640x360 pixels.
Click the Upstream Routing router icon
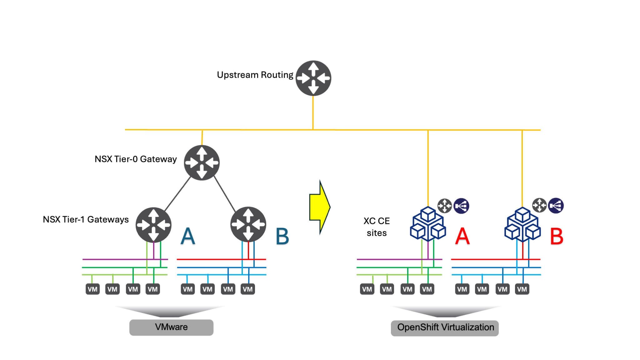(x=313, y=78)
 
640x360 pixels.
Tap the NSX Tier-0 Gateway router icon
(x=202, y=162)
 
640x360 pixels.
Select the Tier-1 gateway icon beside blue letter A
(x=153, y=225)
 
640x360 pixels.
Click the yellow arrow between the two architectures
(x=320, y=207)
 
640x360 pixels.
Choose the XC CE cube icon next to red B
(x=522, y=224)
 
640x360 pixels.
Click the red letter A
(x=462, y=237)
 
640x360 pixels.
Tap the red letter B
(x=557, y=237)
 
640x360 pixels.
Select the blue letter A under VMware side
(x=188, y=236)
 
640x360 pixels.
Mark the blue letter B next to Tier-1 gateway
(x=282, y=237)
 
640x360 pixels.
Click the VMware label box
(x=171, y=327)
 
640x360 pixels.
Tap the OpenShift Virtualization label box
(x=445, y=328)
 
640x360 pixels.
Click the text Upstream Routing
(x=255, y=75)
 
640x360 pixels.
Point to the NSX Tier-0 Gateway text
(x=136, y=159)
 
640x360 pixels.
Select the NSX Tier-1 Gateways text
(x=86, y=219)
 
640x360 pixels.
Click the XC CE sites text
(x=377, y=227)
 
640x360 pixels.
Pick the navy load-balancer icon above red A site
(x=461, y=206)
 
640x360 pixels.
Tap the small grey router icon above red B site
(x=539, y=205)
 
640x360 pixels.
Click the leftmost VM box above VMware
(x=92, y=289)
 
